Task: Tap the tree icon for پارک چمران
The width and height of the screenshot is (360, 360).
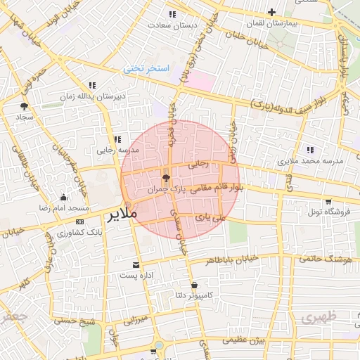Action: [166, 179]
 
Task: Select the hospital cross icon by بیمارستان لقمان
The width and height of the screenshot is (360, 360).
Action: [272, 12]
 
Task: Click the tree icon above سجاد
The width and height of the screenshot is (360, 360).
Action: [25, 106]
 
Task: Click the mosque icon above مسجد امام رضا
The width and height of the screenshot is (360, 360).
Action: [64, 197]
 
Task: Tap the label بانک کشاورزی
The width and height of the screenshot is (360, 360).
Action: [61, 233]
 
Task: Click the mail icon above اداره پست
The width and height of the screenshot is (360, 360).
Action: [136, 265]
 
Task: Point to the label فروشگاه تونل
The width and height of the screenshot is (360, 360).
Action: [326, 210]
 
